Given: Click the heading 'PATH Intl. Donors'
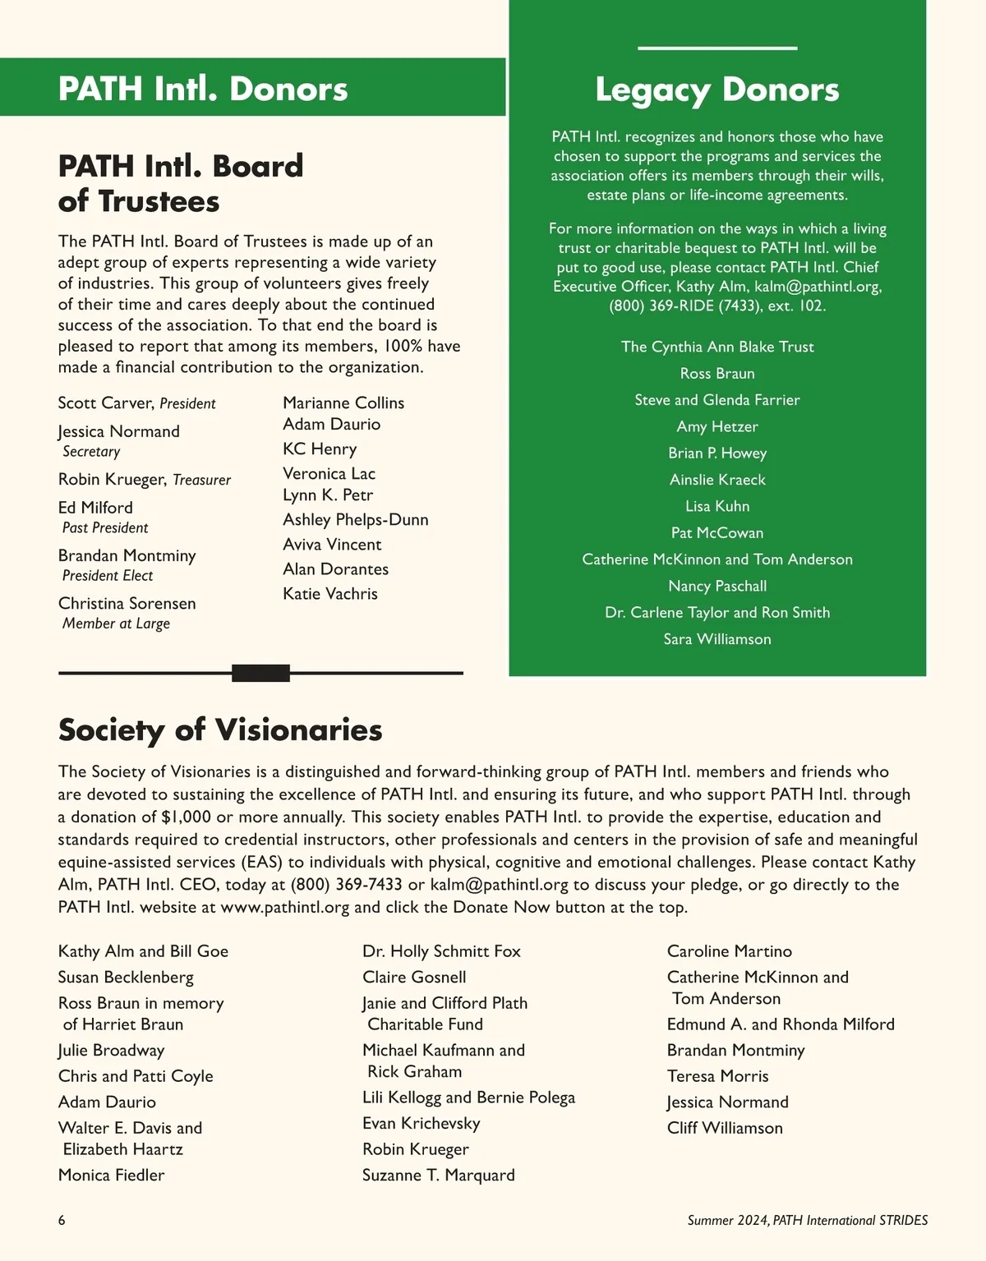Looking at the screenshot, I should (x=203, y=89).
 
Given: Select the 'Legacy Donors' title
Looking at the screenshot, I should (x=716, y=90).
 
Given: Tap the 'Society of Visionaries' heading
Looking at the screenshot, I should (x=220, y=729).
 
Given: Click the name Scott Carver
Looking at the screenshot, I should (x=106, y=403).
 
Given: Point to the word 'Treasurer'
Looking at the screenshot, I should (x=201, y=480).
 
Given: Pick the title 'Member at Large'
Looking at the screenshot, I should (x=116, y=624).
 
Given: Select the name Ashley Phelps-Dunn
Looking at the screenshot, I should (x=355, y=520).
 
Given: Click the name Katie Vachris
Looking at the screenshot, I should (x=329, y=594).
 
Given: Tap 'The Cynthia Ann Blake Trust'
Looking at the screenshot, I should (x=717, y=347).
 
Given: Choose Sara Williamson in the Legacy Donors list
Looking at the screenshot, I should (x=717, y=639).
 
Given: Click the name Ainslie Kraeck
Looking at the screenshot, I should (x=717, y=480).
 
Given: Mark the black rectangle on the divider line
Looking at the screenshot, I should (x=260, y=674).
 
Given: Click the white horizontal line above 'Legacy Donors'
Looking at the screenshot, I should (x=716, y=48).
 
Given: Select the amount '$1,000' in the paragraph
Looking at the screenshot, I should (x=186, y=817).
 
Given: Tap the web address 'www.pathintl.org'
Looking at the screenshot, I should (x=285, y=908).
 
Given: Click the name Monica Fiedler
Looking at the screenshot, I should (x=111, y=1176).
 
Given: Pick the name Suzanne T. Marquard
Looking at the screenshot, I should (x=438, y=1176).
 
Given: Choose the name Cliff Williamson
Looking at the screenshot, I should (x=725, y=1128).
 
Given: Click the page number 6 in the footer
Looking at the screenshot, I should (x=62, y=1221).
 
